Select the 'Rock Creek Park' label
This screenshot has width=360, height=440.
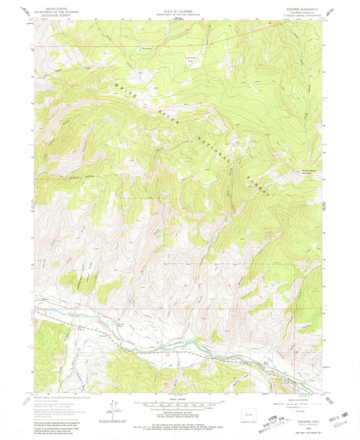coord(191,59)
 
